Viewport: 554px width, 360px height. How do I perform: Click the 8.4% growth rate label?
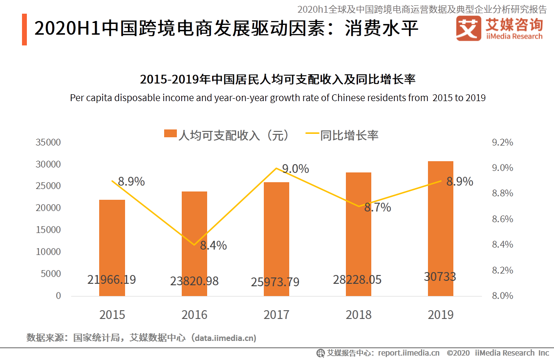(213, 246)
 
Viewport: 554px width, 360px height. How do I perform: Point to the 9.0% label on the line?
(296, 169)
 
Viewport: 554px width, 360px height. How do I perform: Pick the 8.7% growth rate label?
(378, 208)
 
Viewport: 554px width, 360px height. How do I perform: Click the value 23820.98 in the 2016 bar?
(194, 281)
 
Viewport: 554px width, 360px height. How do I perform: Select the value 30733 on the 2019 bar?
(440, 277)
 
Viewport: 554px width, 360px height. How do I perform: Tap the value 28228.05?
(357, 280)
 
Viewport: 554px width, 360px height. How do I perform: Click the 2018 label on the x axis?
(359, 315)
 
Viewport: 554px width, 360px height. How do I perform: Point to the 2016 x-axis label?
(194, 315)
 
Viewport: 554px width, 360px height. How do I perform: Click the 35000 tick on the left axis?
(48, 143)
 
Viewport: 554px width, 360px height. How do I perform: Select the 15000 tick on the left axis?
(48, 230)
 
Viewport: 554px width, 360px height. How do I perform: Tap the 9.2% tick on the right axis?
(503, 143)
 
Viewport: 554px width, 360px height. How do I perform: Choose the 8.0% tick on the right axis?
(503, 296)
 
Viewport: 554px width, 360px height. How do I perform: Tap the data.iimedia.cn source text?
(223, 338)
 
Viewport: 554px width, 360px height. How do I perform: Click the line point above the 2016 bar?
(194, 245)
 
